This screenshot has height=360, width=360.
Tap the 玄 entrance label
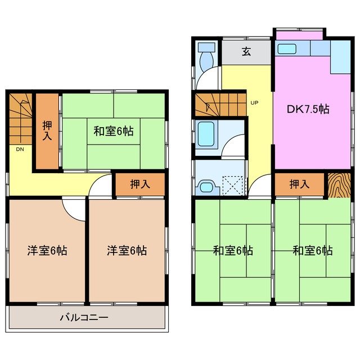tap(246, 52)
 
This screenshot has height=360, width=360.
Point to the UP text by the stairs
tap(254, 103)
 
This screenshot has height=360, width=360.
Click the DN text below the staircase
tap(20, 149)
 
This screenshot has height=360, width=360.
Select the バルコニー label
tap(84, 318)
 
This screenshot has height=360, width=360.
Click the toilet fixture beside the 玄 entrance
tap(207, 54)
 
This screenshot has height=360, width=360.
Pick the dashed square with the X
tap(232, 184)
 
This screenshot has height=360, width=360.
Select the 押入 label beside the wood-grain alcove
tap(299, 184)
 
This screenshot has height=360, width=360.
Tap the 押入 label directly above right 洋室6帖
tap(139, 184)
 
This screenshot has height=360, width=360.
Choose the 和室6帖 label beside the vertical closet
tap(113, 131)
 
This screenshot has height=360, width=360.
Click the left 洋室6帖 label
tap(47, 250)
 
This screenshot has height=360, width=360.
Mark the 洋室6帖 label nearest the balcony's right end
tap(127, 250)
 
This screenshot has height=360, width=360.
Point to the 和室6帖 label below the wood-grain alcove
tap(312, 250)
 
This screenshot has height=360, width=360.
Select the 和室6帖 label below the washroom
tap(232, 250)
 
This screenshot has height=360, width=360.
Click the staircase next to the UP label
tap(220, 105)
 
